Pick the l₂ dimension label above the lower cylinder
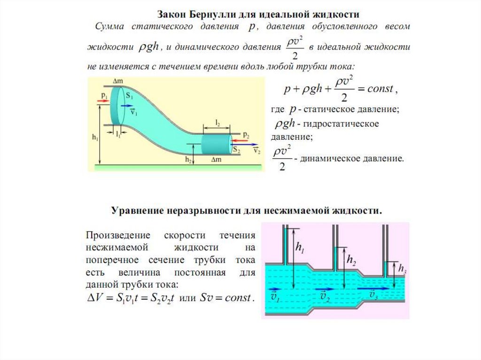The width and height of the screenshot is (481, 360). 218,122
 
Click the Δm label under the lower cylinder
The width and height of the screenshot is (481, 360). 216,160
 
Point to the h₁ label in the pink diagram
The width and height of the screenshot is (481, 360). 299,248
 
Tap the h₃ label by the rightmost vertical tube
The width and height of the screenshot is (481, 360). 402,268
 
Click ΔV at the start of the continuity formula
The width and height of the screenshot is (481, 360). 95,298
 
